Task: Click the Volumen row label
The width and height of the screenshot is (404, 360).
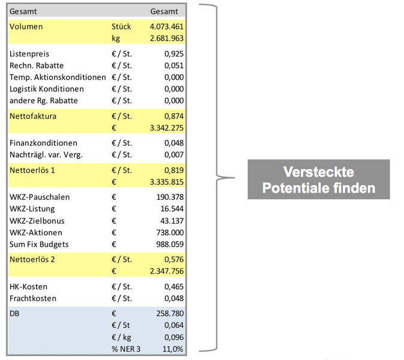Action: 26,27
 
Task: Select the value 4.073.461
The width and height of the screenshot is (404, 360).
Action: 167,27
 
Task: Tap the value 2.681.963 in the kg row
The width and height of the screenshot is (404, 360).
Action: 167,38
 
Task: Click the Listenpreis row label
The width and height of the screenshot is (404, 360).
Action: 29,54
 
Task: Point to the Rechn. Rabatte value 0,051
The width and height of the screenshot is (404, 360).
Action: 174,65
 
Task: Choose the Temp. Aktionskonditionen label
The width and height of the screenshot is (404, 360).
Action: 58,77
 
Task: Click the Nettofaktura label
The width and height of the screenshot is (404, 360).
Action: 34,116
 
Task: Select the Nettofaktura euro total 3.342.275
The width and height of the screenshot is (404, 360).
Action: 167,128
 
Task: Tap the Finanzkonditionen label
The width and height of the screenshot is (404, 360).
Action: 44,143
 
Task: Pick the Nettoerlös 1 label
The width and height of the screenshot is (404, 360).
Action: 33,170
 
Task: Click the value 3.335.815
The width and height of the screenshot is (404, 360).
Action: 167,182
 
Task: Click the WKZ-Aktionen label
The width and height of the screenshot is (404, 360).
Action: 36,232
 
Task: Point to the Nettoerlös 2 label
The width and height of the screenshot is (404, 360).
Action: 33,259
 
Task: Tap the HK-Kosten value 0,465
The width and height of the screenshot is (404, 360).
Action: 174,286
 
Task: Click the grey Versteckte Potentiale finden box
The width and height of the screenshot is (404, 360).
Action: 318,179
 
